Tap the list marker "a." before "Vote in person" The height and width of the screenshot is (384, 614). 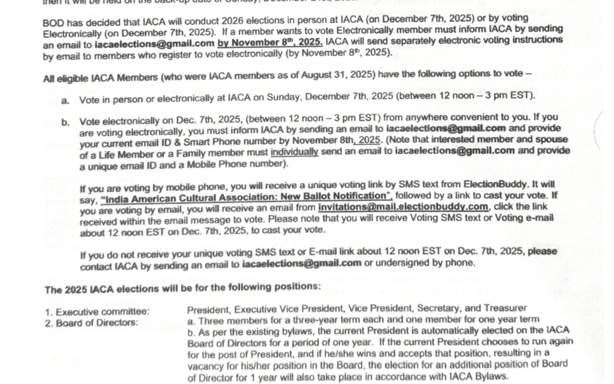pyautogui.click(x=65, y=100)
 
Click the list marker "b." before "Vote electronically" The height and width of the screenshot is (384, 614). pyautogui.click(x=65, y=122)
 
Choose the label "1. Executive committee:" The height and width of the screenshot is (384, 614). pyautogui.click(x=97, y=312)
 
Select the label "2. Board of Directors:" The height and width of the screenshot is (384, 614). pyautogui.click(x=91, y=323)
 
